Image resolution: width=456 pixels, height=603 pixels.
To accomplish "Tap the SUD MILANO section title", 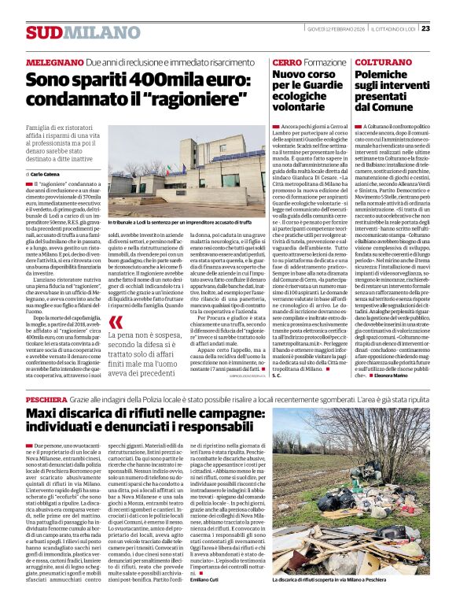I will coord(72,32).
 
